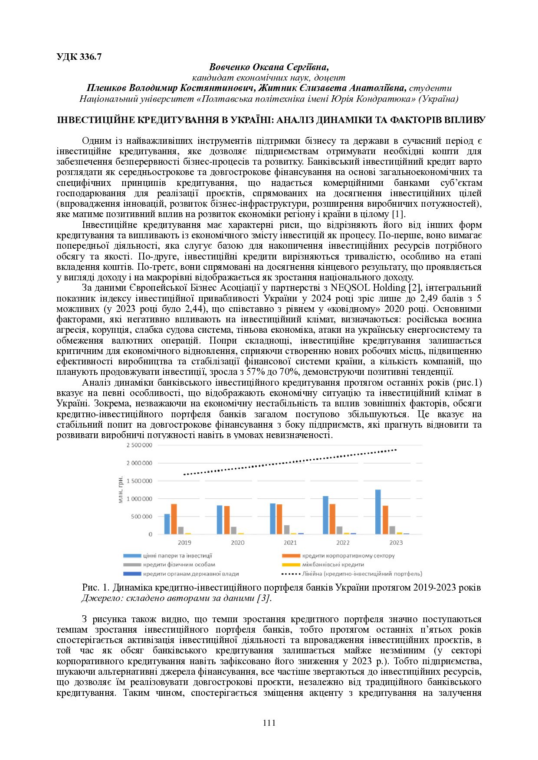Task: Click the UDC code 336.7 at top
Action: pos(79,57)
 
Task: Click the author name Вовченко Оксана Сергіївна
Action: pos(269,67)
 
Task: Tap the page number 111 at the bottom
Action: pos(269,722)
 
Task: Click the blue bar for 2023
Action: pos(378,512)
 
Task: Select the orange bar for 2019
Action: pos(174,519)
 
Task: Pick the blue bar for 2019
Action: pos(167,524)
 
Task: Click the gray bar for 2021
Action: pos(287,529)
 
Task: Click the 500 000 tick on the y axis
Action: pos(141,516)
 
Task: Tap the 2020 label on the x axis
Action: pos(237,542)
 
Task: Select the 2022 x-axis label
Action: pos(343,542)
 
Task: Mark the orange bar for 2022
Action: pos(332,519)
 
